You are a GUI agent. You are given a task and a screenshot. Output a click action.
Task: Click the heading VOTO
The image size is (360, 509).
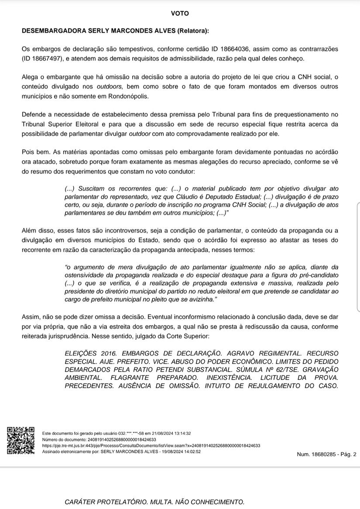[180, 14]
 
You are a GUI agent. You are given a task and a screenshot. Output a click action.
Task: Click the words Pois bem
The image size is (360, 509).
[36, 152]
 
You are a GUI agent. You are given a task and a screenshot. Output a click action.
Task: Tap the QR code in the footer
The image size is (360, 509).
[20, 441]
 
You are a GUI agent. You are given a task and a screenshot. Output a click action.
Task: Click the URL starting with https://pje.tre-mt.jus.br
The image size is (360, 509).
[151, 446]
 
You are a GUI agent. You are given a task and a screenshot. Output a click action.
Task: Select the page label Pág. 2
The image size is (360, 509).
[347, 454]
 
